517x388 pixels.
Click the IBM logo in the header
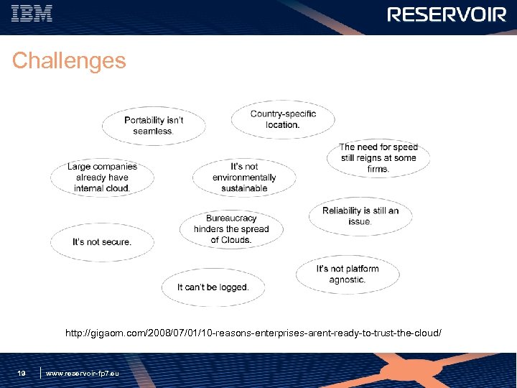click(x=32, y=14)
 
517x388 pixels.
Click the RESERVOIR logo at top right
click(x=447, y=15)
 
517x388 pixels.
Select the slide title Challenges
click(x=69, y=61)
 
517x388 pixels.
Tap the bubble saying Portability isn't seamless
click(x=154, y=126)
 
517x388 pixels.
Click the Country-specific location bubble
click(x=283, y=119)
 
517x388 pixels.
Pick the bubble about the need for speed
click(x=378, y=158)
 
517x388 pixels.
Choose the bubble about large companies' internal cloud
click(x=102, y=177)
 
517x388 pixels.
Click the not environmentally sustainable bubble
click(x=244, y=177)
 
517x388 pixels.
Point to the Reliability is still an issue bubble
click(x=360, y=216)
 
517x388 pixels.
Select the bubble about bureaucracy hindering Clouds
click(x=231, y=229)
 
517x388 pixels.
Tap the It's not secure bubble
click(x=102, y=242)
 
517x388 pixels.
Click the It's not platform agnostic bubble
click(x=348, y=274)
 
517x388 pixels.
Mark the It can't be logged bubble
click(x=213, y=287)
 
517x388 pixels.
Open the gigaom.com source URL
click(x=253, y=334)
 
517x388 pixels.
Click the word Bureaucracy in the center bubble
click(x=231, y=218)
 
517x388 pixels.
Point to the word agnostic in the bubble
click(x=348, y=280)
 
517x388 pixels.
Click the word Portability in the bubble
click(x=144, y=120)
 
